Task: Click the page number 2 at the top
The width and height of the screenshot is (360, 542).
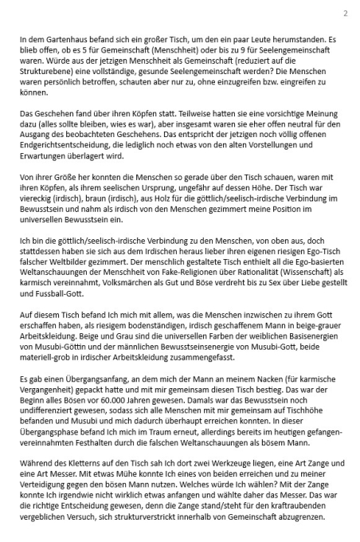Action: click(x=345, y=14)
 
